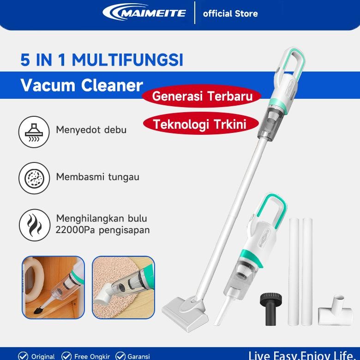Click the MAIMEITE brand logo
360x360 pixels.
point(144,12)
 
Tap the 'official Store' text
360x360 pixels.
point(230,13)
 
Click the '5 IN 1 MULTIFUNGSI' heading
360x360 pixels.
point(102,60)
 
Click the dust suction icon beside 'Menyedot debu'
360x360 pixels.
point(34,132)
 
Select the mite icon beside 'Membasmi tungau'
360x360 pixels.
point(34,178)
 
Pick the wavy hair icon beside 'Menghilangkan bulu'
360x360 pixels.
point(34,224)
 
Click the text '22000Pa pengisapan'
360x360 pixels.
point(102,230)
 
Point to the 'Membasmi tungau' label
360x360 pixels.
point(97,177)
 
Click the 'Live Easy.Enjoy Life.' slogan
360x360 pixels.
point(303,355)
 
